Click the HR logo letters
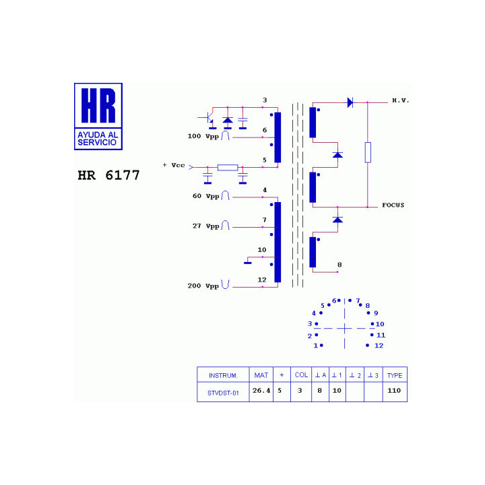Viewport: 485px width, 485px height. coord(98,105)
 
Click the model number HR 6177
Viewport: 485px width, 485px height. coord(108,175)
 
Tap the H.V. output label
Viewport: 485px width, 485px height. coord(401,100)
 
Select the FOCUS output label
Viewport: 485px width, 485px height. coord(393,205)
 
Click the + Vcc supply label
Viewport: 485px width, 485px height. coord(174,165)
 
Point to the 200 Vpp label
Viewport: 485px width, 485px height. coord(203,286)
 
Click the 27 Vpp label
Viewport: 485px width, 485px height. coord(205,226)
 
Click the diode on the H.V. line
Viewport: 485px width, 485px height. coord(350,102)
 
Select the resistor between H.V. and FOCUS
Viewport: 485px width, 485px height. coord(368,152)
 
